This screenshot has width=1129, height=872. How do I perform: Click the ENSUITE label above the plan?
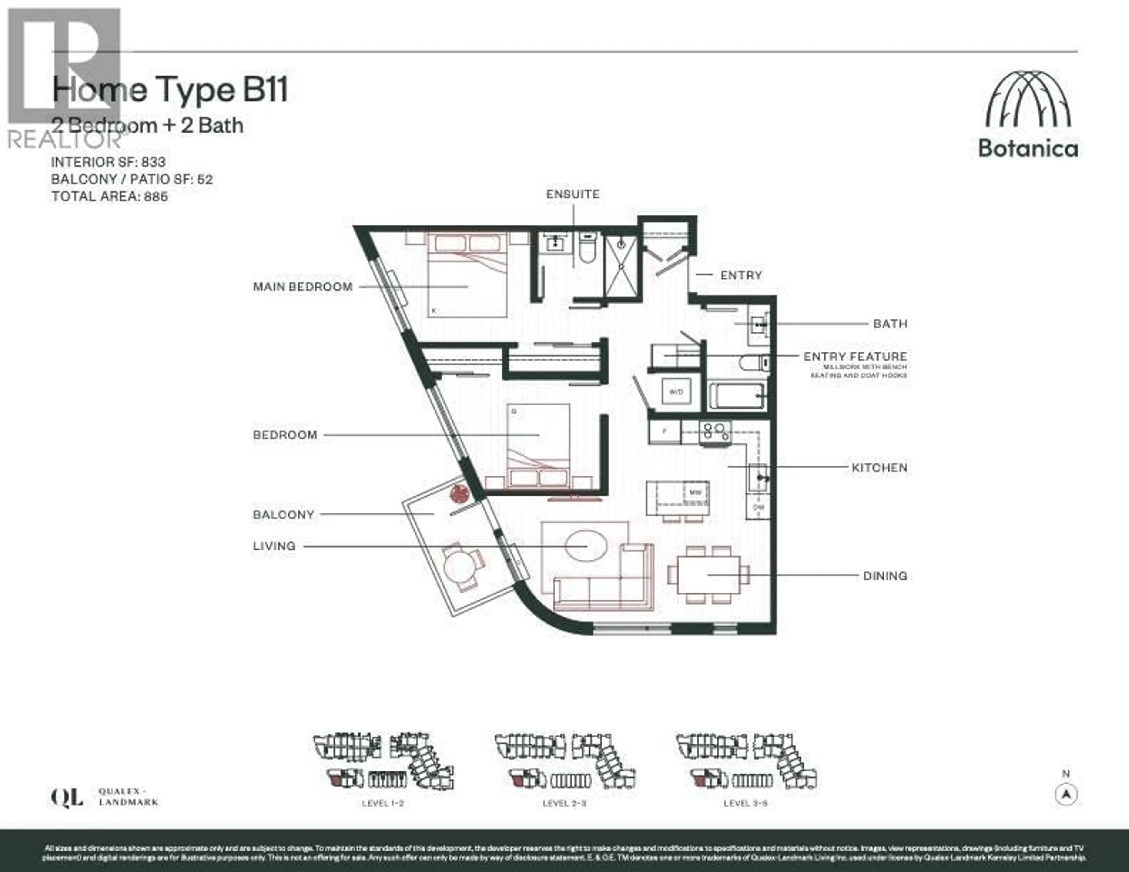tap(573, 194)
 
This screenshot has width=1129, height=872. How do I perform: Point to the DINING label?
tap(885, 576)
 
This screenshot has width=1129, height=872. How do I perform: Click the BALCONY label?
tap(283, 515)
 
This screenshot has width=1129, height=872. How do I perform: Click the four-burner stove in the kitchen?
tap(715, 432)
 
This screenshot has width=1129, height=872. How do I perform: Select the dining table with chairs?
tap(708, 575)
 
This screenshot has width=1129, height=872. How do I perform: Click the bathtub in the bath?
tap(736, 396)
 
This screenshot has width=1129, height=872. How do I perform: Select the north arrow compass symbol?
tap(1066, 794)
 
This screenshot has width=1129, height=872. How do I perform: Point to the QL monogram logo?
tap(67, 798)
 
